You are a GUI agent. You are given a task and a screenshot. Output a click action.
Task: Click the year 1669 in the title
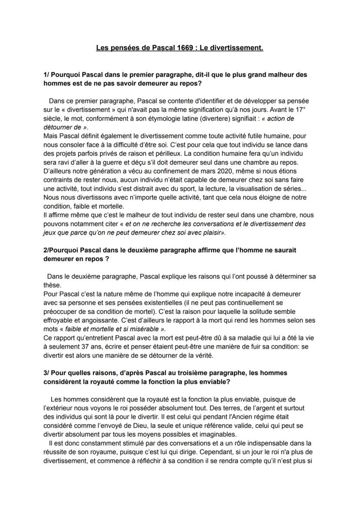point(186,48)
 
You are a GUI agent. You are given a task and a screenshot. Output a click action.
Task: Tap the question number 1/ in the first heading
point(47,75)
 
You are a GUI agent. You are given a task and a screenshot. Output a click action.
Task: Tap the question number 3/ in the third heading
point(47,373)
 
